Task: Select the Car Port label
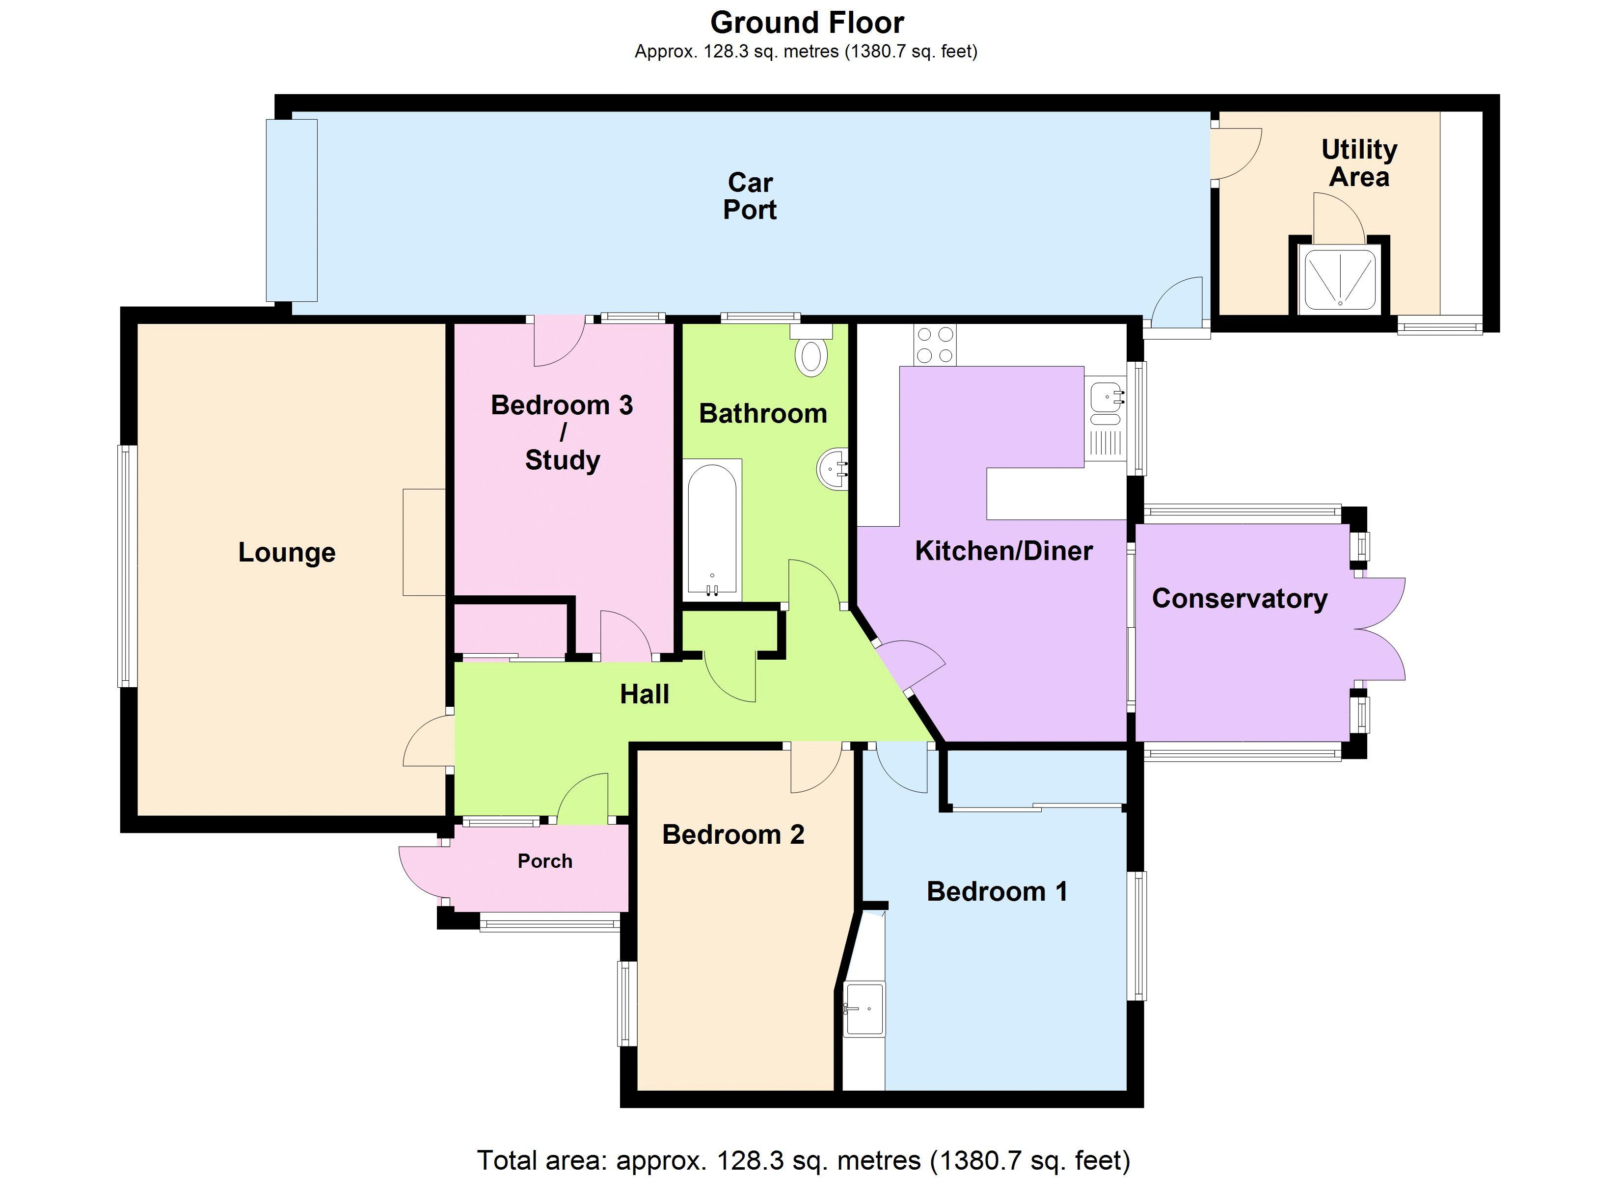point(750,196)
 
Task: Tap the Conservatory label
point(1239,598)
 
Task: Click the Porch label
point(545,861)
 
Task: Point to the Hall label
point(644,694)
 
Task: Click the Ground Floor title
point(807,23)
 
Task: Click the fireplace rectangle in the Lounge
point(424,541)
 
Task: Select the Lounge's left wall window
point(127,566)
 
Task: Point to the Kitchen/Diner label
point(1003,551)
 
